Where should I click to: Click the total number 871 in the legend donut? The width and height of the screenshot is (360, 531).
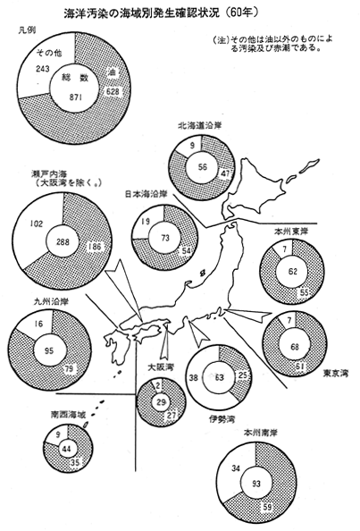pos(76,97)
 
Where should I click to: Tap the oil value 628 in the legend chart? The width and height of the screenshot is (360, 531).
pos(113,91)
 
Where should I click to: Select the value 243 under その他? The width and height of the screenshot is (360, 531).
pos(43,69)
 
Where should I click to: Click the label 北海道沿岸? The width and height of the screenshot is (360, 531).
pos(200,126)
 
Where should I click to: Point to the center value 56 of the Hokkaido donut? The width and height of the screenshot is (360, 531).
pos(203,167)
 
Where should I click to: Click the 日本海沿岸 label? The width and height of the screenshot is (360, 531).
pos(147,194)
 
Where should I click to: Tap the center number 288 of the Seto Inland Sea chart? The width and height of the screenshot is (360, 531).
pos(63,241)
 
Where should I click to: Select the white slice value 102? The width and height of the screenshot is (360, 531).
pos(37,223)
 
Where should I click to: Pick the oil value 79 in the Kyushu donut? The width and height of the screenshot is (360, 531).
pos(69,368)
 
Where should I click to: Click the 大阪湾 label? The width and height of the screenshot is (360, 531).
pos(161,367)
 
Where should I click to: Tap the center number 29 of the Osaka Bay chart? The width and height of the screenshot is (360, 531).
pos(162,402)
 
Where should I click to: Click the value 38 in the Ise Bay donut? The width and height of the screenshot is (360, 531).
pos(193,377)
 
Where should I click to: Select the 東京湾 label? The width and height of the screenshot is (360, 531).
pos(336,373)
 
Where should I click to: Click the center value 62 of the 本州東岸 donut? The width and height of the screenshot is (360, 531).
pos(293,271)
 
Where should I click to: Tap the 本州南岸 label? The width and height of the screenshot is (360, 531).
pos(261,433)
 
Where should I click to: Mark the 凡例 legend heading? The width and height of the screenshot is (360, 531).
pos(27,29)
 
